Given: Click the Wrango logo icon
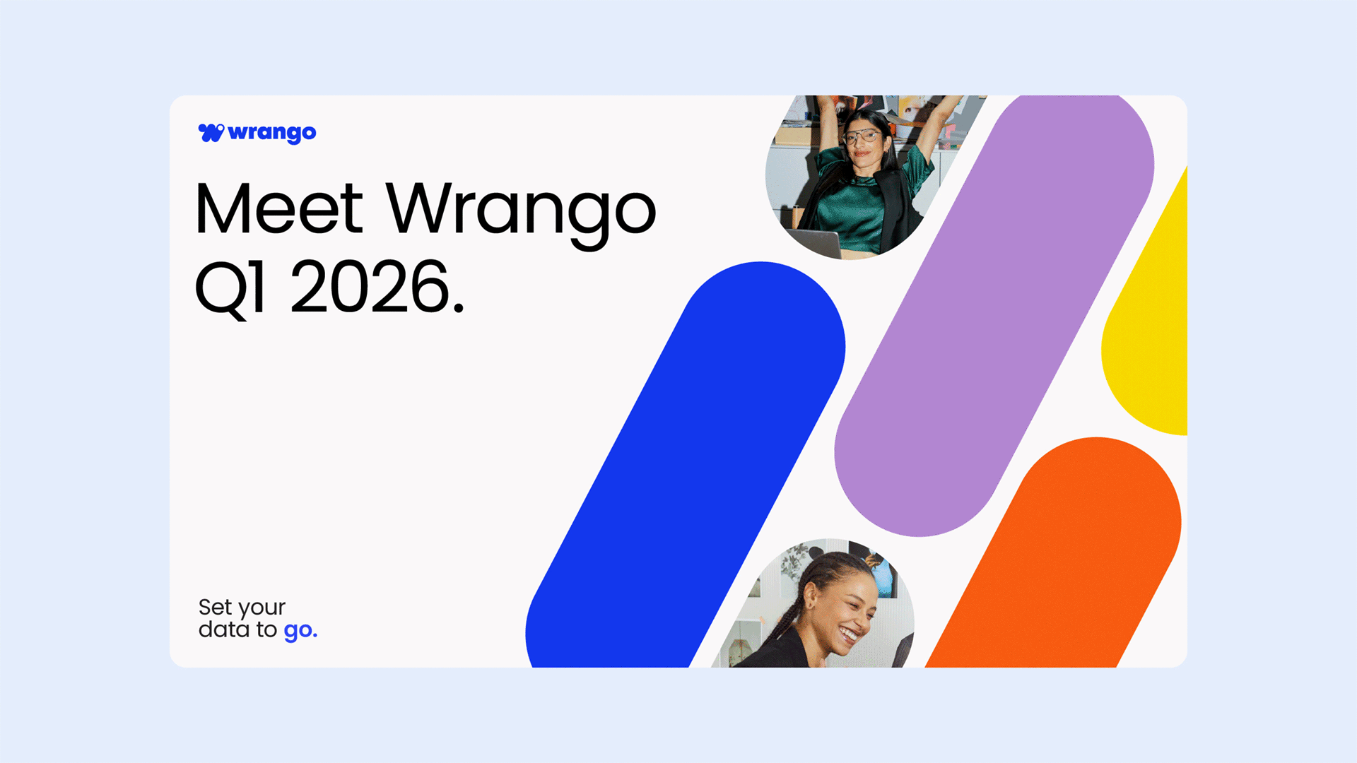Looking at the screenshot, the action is pyautogui.click(x=211, y=132).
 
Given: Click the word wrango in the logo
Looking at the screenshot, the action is pyautogui.click(x=272, y=134).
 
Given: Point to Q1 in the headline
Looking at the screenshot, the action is pyautogui.click(x=230, y=288).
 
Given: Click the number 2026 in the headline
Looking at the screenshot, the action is pyautogui.click(x=370, y=286).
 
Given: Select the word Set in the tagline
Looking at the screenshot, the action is pyautogui.click(x=216, y=607).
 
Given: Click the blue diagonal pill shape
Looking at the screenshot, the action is pyautogui.click(x=686, y=466).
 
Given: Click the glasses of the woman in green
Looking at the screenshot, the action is pyautogui.click(x=862, y=136).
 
